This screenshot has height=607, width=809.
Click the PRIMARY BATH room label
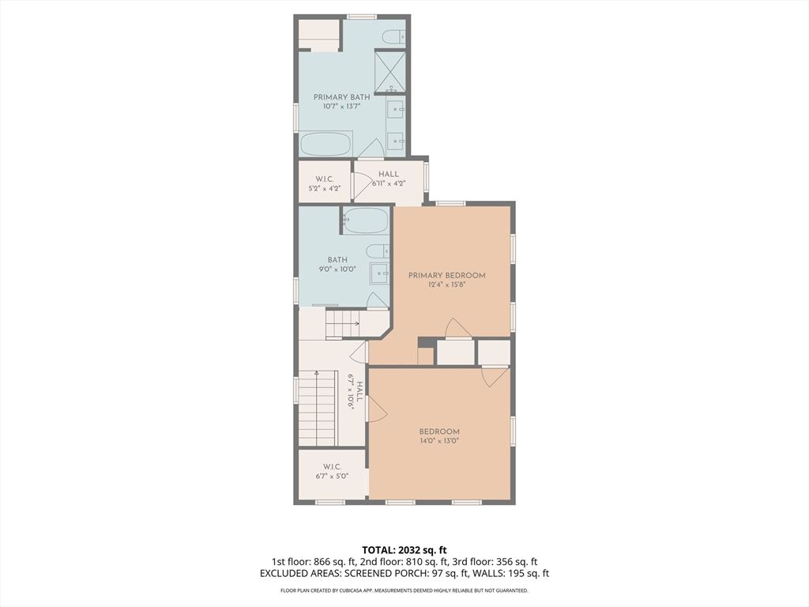click(341, 97)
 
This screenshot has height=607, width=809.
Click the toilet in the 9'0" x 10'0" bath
click(378, 251)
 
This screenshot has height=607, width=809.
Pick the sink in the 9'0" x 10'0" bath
click(380, 273)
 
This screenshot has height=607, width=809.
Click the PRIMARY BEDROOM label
click(447, 276)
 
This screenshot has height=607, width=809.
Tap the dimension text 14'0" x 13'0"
click(439, 441)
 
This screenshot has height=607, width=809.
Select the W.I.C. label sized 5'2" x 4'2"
click(325, 179)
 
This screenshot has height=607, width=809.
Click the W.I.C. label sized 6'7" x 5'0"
click(333, 466)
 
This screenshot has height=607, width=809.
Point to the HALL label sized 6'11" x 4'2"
click(389, 174)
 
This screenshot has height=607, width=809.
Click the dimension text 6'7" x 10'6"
click(351, 392)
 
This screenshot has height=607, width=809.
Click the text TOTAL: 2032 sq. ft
click(404, 550)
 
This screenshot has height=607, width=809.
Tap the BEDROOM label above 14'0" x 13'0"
click(439, 432)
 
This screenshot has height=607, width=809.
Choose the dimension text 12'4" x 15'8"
click(447, 285)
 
